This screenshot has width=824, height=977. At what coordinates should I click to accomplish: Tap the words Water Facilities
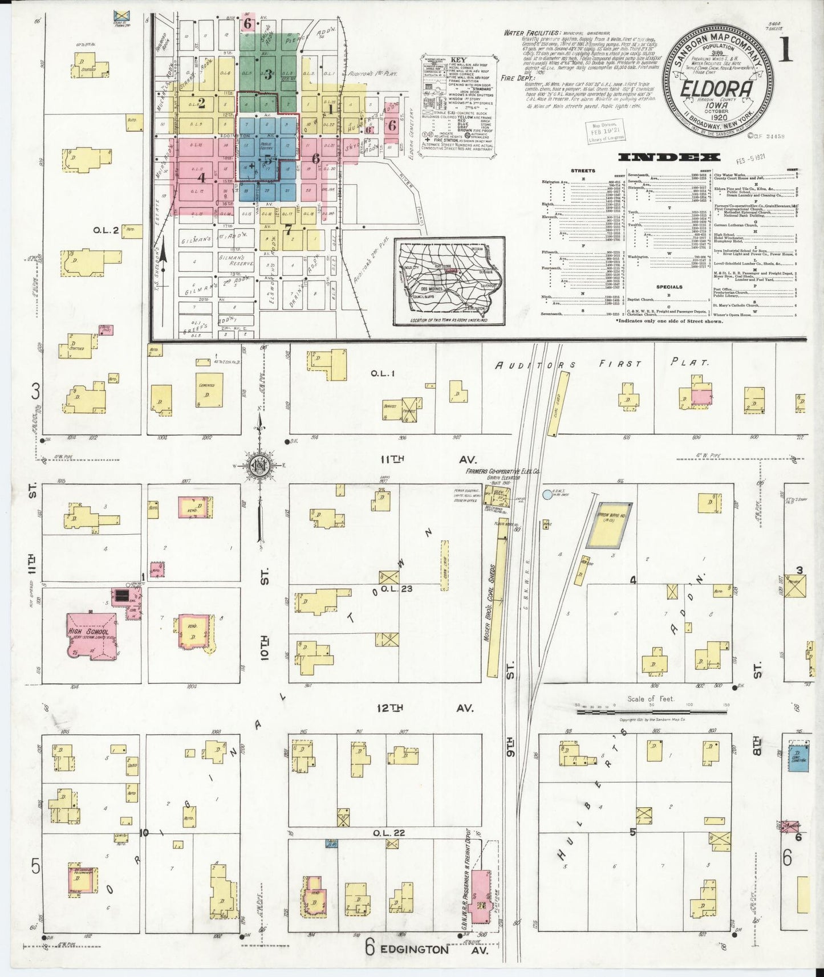pos(530,33)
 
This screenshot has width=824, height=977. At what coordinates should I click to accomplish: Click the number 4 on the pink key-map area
pos(201,177)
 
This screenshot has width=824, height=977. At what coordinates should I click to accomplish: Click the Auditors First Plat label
pos(599,363)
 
